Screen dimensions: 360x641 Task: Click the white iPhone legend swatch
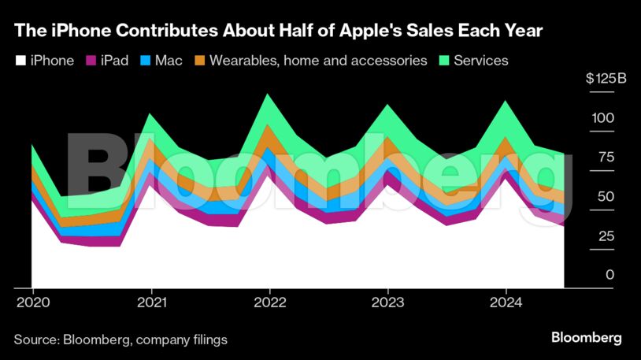tap(20, 61)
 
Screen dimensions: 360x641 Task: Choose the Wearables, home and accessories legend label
tap(318, 61)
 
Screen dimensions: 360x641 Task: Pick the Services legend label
tap(480, 61)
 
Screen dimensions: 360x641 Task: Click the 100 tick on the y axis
tap(603, 118)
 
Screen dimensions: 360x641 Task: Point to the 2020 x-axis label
tap(31, 302)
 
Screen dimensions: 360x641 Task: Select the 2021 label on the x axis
tap(150, 302)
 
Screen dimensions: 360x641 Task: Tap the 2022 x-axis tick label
tap(269, 302)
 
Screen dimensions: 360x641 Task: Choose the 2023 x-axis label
tap(387, 302)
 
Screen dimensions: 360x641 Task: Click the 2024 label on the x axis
tap(506, 302)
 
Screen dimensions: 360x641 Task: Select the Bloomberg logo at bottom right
tap(586, 338)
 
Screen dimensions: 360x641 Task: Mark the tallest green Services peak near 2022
tap(269, 96)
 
